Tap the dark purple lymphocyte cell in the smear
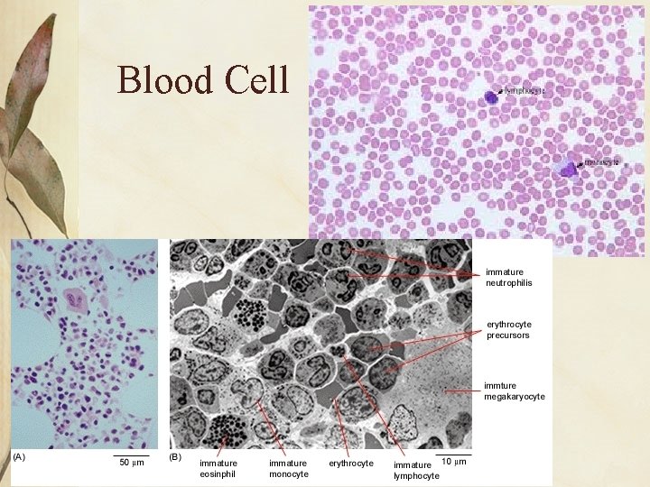click(490, 96)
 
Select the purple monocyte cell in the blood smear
click(568, 168)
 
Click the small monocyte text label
click(601, 162)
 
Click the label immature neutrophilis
click(509, 277)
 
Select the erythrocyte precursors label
click(507, 330)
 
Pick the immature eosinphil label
click(218, 468)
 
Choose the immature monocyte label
click(288, 468)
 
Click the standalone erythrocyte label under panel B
click(351, 464)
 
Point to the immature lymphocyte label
click(415, 470)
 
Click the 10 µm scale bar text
click(453, 462)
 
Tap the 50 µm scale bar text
click(132, 464)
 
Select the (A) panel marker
click(19, 457)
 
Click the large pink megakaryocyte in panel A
click(76, 299)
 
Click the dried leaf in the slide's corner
click(36, 126)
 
